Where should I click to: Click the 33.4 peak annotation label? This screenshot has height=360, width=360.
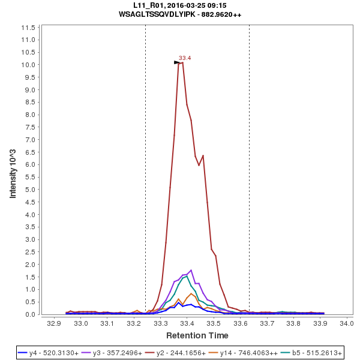pyautogui.click(x=185, y=58)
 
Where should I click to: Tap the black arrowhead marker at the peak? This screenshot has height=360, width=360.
pyautogui.click(x=177, y=62)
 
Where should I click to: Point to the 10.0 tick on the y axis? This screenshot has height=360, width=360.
pyautogui.click(x=29, y=65)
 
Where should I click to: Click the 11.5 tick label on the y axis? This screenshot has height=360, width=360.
pyautogui.click(x=29, y=28)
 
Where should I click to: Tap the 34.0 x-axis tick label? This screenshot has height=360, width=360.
pyautogui.click(x=346, y=323)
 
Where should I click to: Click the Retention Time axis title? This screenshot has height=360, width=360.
pyautogui.click(x=197, y=335)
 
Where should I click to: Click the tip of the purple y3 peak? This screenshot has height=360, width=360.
pyautogui.click(x=191, y=270)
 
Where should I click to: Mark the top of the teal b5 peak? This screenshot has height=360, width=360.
pyautogui.click(x=187, y=277)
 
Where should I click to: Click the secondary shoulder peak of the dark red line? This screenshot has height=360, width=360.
pyautogui.click(x=203, y=155)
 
